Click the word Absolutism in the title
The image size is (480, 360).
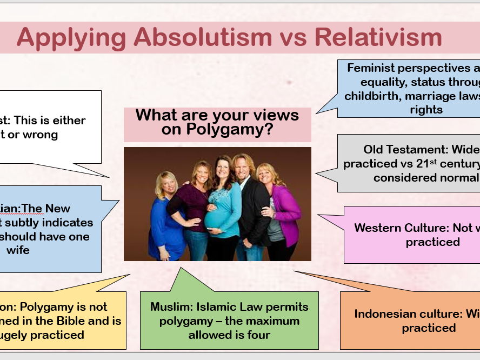click(x=203, y=37)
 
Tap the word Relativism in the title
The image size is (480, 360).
click(x=378, y=37)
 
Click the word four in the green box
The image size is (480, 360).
click(x=257, y=335)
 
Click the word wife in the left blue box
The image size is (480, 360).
click(x=18, y=250)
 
